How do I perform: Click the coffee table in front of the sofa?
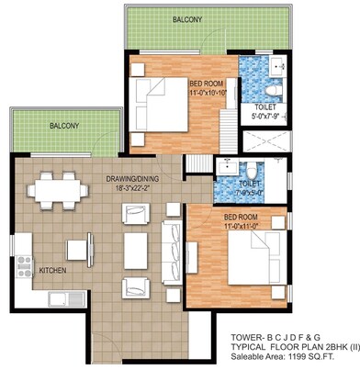tap(137, 246)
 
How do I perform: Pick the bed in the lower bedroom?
tap(246, 258)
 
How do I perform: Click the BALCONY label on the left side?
tap(64, 125)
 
